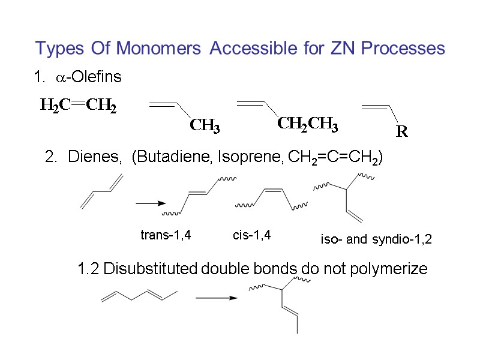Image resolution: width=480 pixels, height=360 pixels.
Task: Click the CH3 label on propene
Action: point(205,126)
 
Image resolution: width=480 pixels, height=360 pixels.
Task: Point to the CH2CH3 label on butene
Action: point(307,125)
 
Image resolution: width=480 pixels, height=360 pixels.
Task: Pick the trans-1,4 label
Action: point(166,235)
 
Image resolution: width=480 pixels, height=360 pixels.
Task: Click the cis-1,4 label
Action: point(251,235)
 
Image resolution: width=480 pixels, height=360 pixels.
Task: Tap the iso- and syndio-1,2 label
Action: point(376,240)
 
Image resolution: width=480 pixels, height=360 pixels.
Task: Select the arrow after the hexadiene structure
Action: point(214,296)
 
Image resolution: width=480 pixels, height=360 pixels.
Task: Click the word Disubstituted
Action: point(150,269)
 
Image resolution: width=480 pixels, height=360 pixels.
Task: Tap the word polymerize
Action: point(394,269)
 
